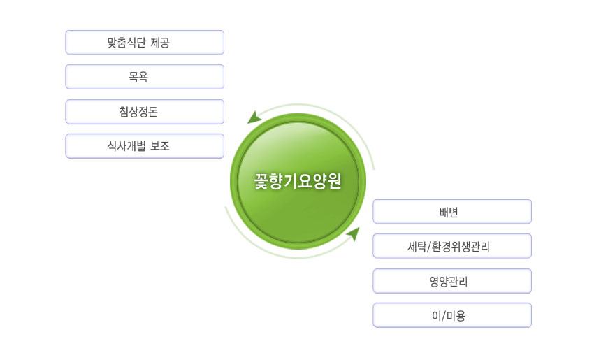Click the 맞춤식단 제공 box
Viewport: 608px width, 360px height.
click(145, 43)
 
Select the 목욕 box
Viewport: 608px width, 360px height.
click(145, 77)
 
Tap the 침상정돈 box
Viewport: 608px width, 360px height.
click(145, 112)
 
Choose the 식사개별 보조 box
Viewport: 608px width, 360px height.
click(145, 146)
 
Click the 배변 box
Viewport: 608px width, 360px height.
click(452, 212)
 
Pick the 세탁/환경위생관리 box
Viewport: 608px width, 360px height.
click(452, 246)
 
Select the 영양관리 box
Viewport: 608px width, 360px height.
click(452, 281)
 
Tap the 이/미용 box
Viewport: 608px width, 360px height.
click(452, 315)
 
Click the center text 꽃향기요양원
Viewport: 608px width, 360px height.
click(298, 180)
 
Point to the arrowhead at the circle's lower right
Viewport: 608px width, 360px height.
click(353, 233)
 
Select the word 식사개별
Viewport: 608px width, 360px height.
click(128, 146)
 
